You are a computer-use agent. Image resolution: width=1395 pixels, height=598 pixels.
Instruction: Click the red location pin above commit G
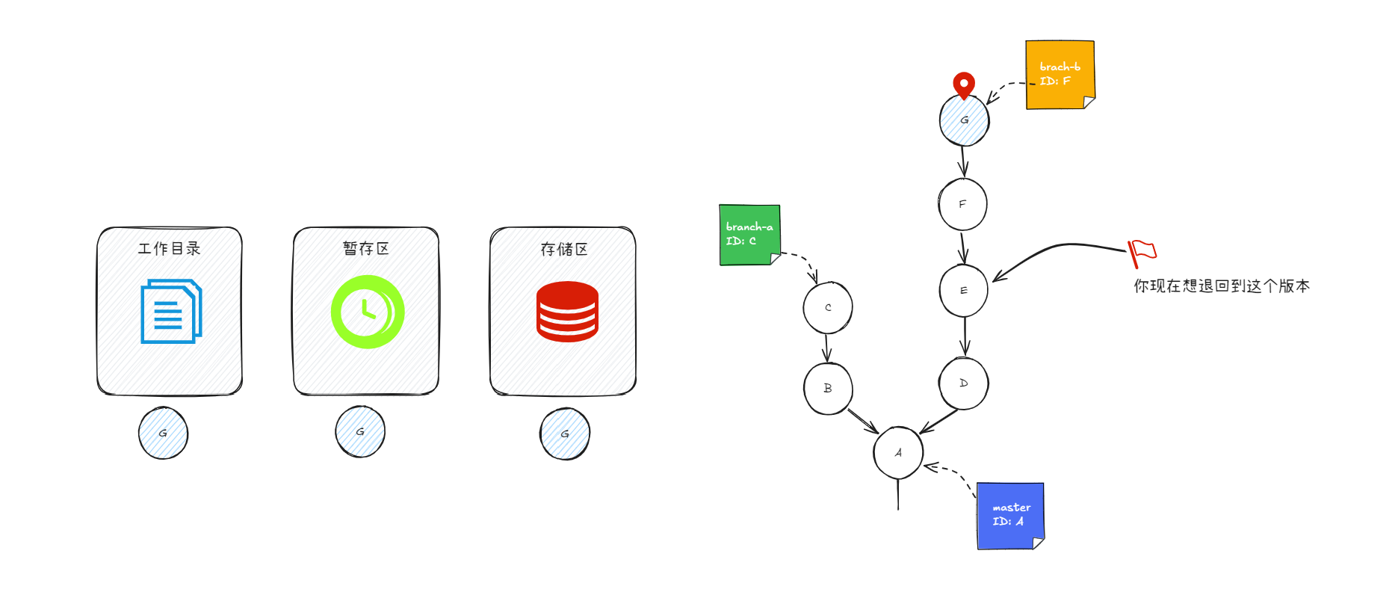pyautogui.click(x=964, y=84)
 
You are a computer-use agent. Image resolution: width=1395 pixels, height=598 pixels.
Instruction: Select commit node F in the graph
pyautogui.click(x=962, y=204)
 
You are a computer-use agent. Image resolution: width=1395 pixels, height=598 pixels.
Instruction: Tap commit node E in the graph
pyautogui.click(x=963, y=290)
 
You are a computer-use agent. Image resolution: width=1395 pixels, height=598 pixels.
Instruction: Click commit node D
pyautogui.click(x=963, y=383)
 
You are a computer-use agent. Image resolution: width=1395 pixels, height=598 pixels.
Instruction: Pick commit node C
pyautogui.click(x=828, y=307)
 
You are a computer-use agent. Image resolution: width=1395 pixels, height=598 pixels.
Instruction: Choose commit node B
pyautogui.click(x=828, y=389)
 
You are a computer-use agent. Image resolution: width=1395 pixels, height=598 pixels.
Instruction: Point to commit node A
pyautogui.click(x=898, y=453)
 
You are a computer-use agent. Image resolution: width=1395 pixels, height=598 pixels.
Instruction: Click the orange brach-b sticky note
pyautogui.click(x=1060, y=75)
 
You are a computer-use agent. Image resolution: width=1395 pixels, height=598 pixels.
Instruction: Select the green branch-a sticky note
pyautogui.click(x=749, y=235)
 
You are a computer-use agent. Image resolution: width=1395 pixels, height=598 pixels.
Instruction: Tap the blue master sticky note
pyautogui.click(x=1010, y=516)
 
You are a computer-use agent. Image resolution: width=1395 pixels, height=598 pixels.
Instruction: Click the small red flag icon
pyautogui.click(x=1141, y=252)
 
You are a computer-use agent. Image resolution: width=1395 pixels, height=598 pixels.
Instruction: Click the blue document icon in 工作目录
pyautogui.click(x=171, y=312)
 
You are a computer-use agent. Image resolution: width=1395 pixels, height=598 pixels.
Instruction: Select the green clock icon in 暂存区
pyautogui.click(x=368, y=312)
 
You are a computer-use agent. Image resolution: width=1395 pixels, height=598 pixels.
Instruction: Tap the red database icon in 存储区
pyautogui.click(x=567, y=312)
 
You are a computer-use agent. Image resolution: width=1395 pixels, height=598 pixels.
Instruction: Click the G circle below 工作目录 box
pyautogui.click(x=163, y=433)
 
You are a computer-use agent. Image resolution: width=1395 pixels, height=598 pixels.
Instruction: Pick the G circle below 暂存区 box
pyautogui.click(x=360, y=431)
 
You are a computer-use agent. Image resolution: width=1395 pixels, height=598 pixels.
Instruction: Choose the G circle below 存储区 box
pyautogui.click(x=565, y=434)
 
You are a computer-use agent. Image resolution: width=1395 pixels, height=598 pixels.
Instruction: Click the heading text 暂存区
pyautogui.click(x=366, y=249)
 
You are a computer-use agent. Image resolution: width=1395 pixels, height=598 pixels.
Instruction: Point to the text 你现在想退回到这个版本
pyautogui.click(x=1221, y=286)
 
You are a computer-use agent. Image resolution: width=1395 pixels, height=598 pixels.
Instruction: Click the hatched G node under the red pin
pyautogui.click(x=964, y=121)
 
